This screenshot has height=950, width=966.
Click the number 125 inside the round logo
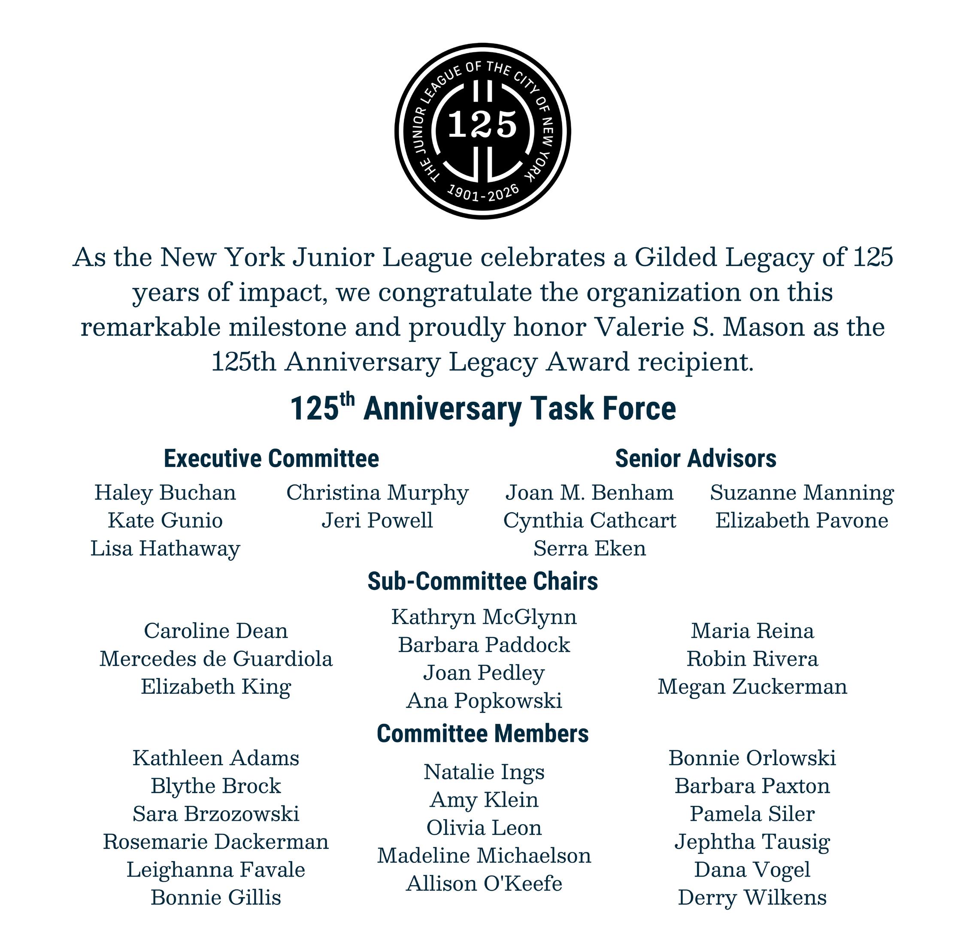point(482,124)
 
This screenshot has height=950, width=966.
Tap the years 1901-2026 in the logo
point(483,193)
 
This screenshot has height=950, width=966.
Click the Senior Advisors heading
point(696,459)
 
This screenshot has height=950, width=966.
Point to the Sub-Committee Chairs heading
point(482,581)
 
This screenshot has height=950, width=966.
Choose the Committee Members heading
point(482,733)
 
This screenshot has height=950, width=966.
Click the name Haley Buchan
point(165,493)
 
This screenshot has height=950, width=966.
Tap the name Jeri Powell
point(377,521)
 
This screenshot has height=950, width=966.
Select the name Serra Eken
point(589,549)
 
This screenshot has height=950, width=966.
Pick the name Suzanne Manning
point(802,493)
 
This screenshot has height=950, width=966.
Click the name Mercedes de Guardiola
point(215,659)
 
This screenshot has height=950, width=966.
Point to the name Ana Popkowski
point(484,701)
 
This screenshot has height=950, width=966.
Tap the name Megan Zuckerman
point(752,687)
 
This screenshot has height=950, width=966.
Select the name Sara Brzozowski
point(215,814)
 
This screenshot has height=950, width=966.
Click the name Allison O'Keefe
point(484,883)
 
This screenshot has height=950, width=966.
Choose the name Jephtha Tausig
point(752,842)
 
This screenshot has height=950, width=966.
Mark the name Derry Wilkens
point(752,898)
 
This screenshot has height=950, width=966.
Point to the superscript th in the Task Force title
point(347,399)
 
